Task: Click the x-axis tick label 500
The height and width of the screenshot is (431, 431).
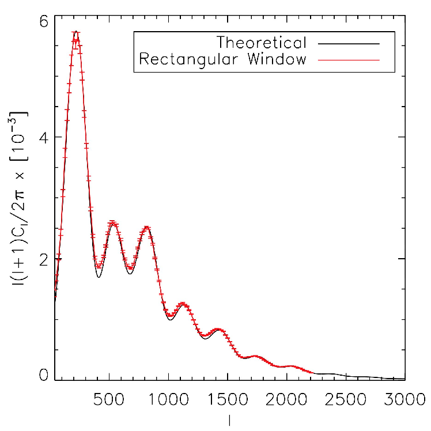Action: (109, 399)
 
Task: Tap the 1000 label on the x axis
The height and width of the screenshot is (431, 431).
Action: (168, 399)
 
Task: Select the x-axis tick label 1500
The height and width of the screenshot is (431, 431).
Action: (228, 399)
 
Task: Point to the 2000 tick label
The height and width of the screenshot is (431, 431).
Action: (286, 399)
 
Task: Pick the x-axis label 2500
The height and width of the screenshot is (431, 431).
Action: (346, 399)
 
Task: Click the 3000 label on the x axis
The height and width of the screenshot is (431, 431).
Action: (404, 399)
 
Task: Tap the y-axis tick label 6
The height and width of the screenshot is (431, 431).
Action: (44, 21)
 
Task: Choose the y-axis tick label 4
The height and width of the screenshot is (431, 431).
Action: (44, 137)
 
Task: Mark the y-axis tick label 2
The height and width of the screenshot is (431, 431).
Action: (44, 259)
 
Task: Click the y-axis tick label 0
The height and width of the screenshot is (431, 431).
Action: (44, 375)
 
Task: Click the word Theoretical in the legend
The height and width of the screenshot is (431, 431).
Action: (262, 43)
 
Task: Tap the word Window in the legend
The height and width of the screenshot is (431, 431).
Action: (277, 59)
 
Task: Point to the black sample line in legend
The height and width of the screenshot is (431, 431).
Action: (349, 44)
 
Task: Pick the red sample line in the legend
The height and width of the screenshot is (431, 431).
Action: (349, 60)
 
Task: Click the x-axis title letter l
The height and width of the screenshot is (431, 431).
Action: (229, 420)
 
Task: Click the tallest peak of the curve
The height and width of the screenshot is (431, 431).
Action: (76, 31)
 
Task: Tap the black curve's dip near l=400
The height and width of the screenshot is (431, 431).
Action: (99, 277)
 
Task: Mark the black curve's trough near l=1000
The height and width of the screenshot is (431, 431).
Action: (171, 320)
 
